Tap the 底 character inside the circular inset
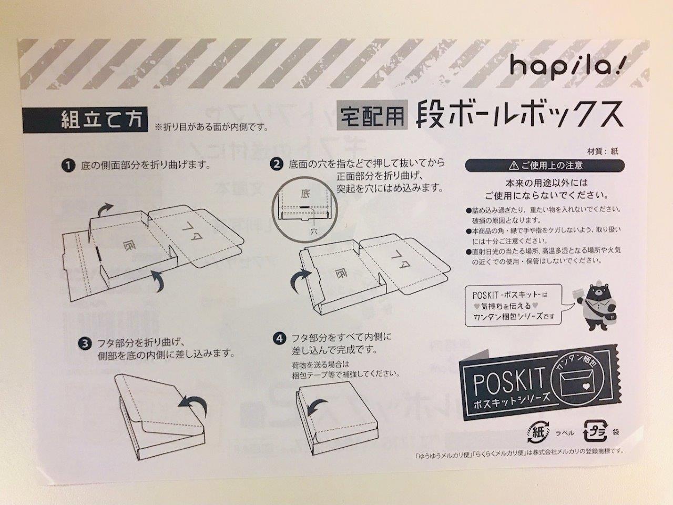306,194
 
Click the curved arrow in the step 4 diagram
316,406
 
